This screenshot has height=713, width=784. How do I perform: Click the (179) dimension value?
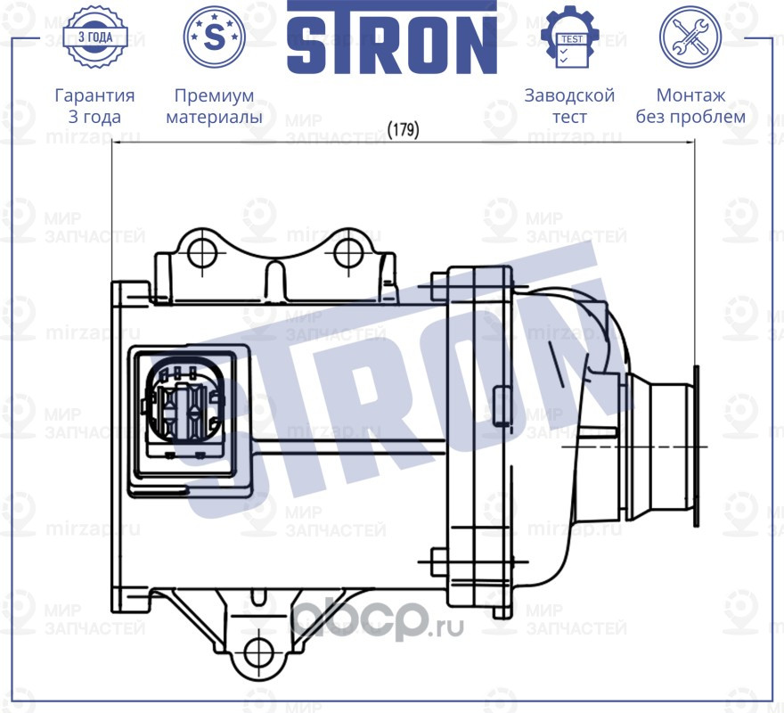pos(404,130)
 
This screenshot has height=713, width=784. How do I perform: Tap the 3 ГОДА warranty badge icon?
pos(97,37)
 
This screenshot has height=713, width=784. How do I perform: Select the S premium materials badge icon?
pos(214,37)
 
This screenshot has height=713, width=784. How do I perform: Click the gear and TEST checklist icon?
pos(570,37)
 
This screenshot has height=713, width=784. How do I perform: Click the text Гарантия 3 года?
pos(94,106)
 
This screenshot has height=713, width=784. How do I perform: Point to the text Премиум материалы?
pos(214,106)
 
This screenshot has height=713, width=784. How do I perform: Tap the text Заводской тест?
pos(569,106)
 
